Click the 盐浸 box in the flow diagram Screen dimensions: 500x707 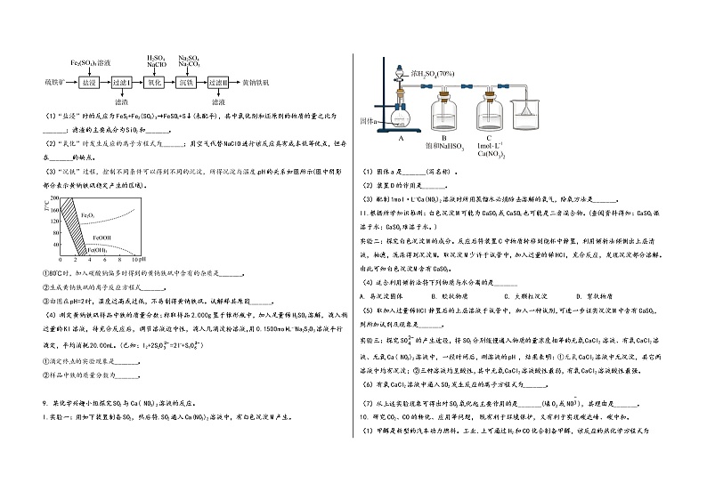pos(88,81)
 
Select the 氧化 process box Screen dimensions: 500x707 pos(153,81)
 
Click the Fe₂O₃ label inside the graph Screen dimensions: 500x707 pos(88,215)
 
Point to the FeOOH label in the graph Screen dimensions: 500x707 pos(99,238)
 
